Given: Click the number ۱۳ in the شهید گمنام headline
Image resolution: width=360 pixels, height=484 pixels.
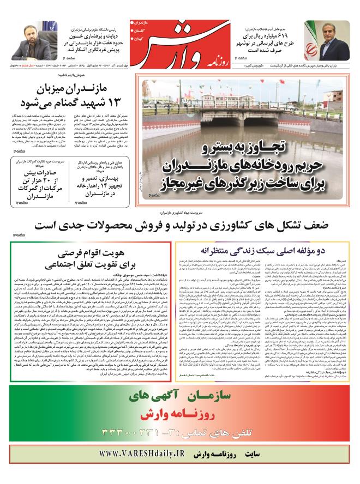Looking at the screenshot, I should [x=121, y=103].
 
